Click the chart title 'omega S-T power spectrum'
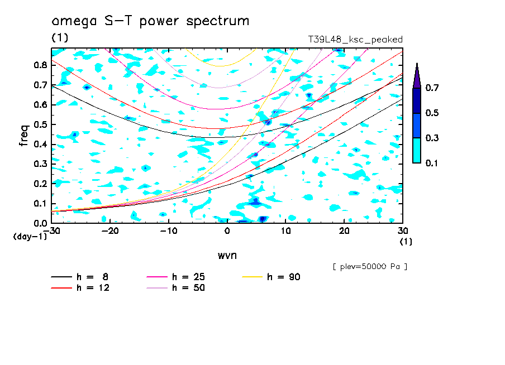pyautogui.click(x=150, y=22)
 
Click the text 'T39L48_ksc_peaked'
pyautogui.click(x=355, y=39)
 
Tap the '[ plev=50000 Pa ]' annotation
pyautogui.click(x=370, y=267)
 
